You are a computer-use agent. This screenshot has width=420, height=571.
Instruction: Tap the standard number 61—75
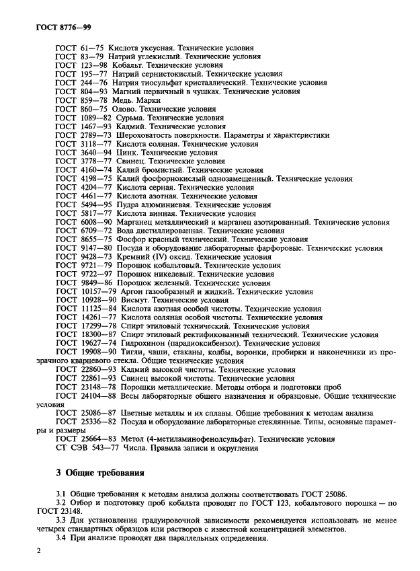point(92,48)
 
